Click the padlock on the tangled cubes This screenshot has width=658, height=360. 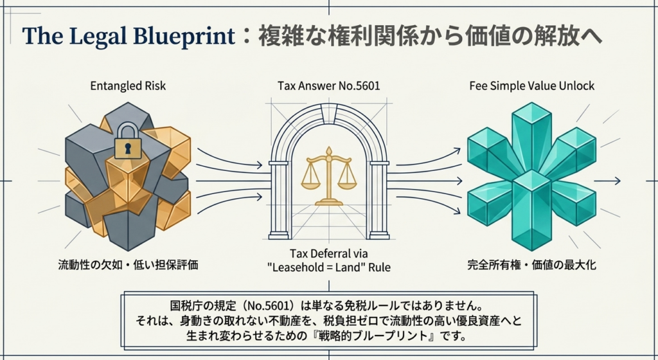point(127,143)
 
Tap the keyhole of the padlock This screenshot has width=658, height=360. point(127,148)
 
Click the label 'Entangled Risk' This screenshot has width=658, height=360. point(127,85)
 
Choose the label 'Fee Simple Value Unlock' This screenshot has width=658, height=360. point(531,85)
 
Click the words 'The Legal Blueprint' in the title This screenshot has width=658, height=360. point(129,36)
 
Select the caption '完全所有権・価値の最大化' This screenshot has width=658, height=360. point(531,264)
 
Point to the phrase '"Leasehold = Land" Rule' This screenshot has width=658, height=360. point(329,267)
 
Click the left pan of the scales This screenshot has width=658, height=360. point(311,181)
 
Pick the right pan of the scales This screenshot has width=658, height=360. point(348,181)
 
